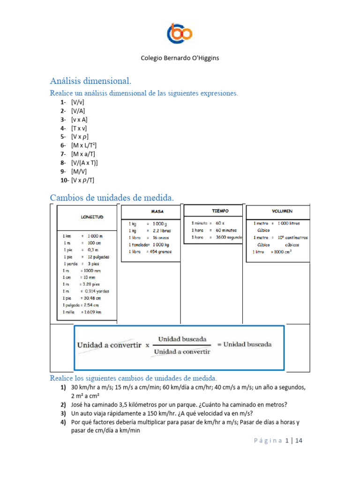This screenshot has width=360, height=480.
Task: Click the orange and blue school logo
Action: (x=180, y=33)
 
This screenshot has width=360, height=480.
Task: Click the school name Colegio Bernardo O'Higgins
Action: (x=180, y=58)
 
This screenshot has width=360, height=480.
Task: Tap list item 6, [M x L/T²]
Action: (x=84, y=145)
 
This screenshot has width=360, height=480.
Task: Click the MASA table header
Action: (x=157, y=211)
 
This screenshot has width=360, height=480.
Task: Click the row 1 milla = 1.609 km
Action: (x=82, y=312)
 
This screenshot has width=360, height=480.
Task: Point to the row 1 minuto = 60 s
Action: (x=208, y=224)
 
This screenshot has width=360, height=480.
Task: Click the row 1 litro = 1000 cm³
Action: (x=272, y=252)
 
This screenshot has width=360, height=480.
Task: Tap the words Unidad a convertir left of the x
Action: (x=109, y=345)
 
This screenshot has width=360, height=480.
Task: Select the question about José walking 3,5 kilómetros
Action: (x=179, y=405)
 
